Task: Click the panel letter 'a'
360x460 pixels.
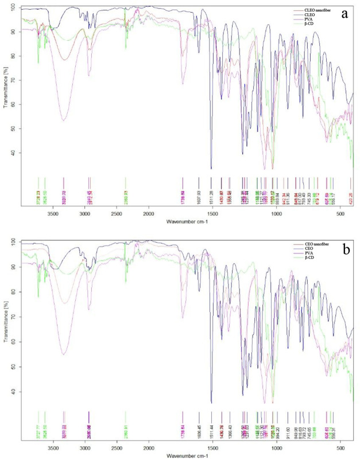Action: tap(344, 14)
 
